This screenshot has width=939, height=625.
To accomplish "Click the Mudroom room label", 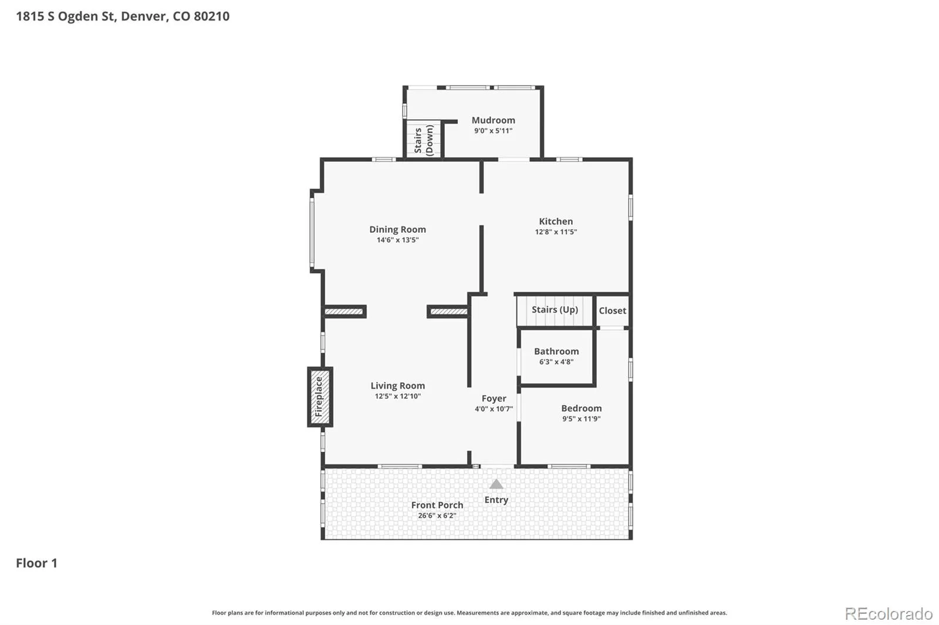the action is pos(493,120).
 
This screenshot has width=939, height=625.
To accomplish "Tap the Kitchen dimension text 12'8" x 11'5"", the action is pos(556,232).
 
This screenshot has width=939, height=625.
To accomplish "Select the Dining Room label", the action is pos(397,230).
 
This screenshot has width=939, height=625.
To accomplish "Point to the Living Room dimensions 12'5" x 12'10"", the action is pos(397,396).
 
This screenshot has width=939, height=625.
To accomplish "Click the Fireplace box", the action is pos(320,397).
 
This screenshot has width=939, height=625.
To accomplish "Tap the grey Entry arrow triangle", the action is pos(496,484).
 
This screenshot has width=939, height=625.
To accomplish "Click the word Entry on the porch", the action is pos(496,500).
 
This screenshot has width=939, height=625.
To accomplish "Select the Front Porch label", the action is pos(437,505).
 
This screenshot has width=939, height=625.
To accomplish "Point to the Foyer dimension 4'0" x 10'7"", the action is pos(494,409).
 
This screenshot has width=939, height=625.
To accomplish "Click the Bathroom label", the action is pos(556,351).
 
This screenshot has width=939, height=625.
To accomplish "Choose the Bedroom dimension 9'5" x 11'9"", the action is pos(582,419).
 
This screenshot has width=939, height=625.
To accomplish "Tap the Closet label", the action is pos(613,311).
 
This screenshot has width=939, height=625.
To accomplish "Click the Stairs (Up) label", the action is pos(555,310).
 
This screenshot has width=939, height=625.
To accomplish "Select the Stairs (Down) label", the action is pos(423,140).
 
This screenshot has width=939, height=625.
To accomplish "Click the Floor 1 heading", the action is pos(36,563).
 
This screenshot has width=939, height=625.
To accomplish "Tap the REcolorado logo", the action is pos(889,614).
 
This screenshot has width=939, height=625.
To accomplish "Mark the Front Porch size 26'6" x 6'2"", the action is pos(437,516).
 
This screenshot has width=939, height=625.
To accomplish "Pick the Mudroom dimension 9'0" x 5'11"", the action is pos(493,131).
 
